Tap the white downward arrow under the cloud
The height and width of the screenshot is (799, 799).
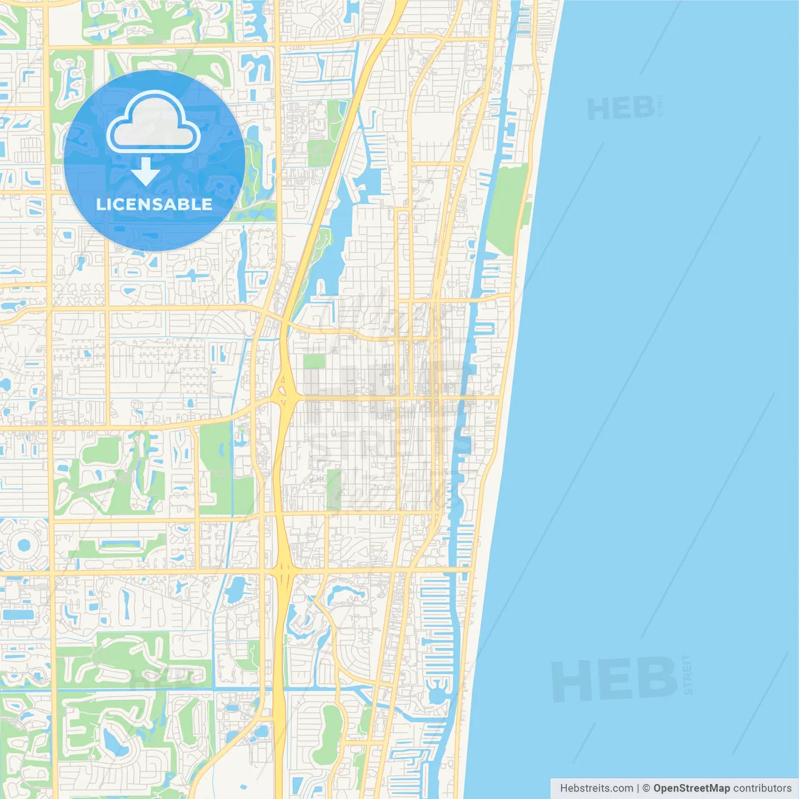point(145,171)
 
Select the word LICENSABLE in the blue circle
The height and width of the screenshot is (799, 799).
point(154,204)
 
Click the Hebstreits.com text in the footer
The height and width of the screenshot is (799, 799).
point(596,788)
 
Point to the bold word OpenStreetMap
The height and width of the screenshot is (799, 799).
point(691,788)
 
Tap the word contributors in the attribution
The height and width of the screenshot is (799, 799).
point(762,788)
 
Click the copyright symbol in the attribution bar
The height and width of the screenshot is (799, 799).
point(646,788)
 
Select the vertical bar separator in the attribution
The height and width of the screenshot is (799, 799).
point(637,788)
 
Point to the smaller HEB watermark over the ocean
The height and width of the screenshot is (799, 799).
point(620,109)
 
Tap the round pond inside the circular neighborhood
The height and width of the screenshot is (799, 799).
point(24,545)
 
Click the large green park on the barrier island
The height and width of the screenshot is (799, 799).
point(507,209)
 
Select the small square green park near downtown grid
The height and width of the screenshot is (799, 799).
point(314,361)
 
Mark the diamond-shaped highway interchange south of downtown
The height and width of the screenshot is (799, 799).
point(283,569)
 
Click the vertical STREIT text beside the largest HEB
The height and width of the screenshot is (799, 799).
point(688,674)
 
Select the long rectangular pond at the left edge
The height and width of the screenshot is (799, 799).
point(19,614)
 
